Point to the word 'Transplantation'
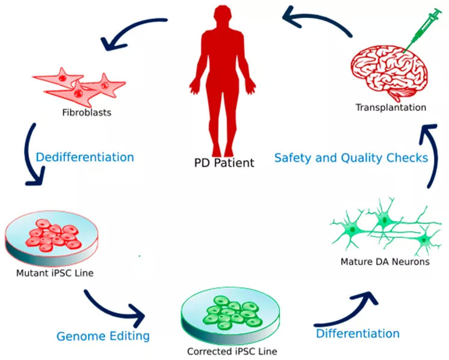(x=391, y=108)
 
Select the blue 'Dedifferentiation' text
(x=84, y=157)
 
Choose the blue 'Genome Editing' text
(x=103, y=335)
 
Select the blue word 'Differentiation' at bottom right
(x=358, y=333)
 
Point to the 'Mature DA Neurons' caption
(x=385, y=262)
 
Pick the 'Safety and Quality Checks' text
(x=351, y=158)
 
